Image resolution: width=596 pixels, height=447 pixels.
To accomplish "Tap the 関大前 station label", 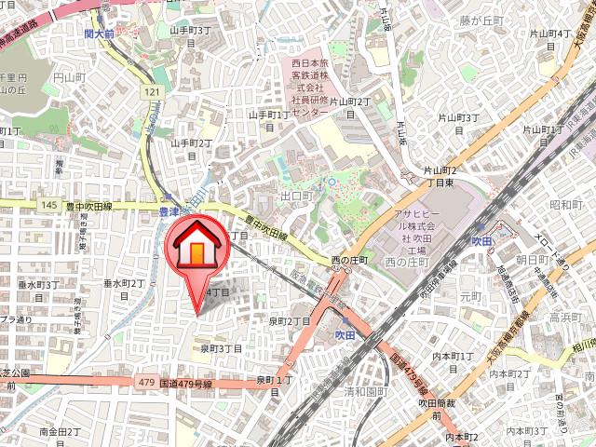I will click(x=98, y=34).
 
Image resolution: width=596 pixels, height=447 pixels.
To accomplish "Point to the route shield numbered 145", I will click(x=49, y=205).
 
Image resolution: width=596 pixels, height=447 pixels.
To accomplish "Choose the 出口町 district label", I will click(x=297, y=197).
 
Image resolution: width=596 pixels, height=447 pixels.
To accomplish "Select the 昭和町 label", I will click(x=565, y=205).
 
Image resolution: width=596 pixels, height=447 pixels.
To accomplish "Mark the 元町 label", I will click(x=471, y=295).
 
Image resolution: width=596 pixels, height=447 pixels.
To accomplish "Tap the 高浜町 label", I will click(x=564, y=318).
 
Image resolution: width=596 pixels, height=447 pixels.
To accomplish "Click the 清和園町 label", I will click(x=364, y=392).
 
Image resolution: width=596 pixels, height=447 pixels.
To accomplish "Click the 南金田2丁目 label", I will click(x=63, y=433).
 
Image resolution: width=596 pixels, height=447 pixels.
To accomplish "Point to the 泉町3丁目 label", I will click(x=222, y=349).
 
